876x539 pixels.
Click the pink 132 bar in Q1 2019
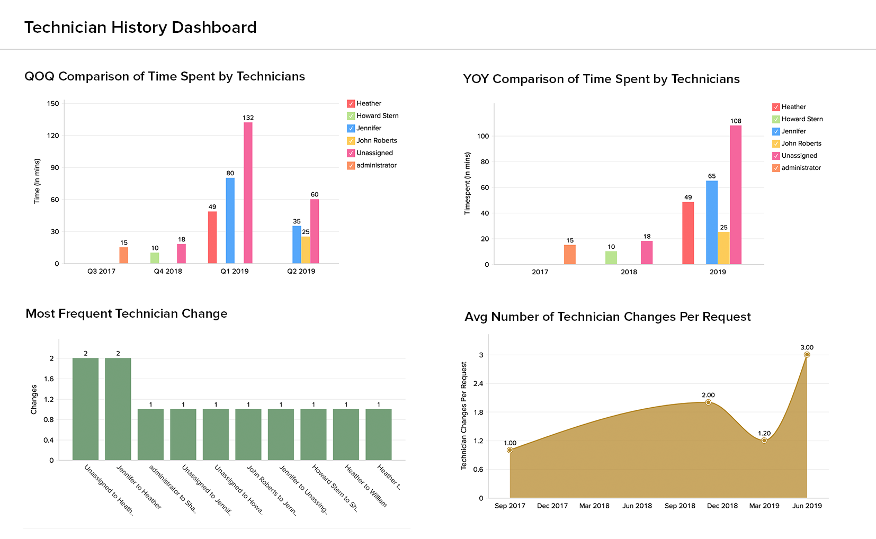[248, 193]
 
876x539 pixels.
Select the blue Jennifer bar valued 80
[230, 220]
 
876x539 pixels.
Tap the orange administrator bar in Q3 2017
[123, 255]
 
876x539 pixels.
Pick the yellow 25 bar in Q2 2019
[306, 250]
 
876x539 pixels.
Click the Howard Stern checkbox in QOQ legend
[351, 116]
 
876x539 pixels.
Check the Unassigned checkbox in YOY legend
[776, 156]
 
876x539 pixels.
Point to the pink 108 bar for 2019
[736, 195]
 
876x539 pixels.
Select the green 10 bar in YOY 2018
[611, 258]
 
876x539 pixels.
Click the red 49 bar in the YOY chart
[688, 233]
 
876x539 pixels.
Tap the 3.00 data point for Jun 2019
[807, 355]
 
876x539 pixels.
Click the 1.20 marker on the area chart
[764, 441]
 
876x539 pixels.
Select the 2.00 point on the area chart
[708, 402]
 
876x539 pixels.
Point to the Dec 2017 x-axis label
[552, 506]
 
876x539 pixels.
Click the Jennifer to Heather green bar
[118, 409]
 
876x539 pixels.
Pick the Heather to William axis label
[365, 486]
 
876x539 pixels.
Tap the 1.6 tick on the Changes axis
[49, 379]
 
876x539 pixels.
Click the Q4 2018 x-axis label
[168, 271]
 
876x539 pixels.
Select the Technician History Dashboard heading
[140, 28]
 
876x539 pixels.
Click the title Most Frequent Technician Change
[127, 313]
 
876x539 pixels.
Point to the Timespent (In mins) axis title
[467, 183]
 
